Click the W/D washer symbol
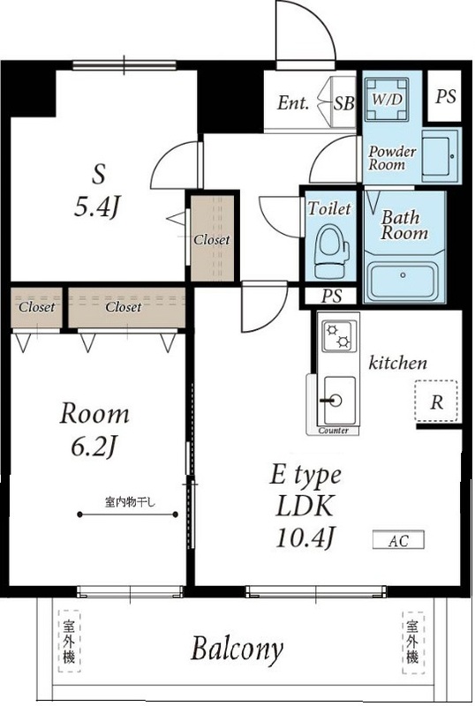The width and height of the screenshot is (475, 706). [387, 99]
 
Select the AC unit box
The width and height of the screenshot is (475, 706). [398, 540]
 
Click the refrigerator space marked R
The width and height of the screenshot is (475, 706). [436, 402]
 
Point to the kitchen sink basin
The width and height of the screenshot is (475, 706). [339, 400]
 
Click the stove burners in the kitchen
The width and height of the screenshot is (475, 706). [338, 336]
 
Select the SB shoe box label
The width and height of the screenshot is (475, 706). [343, 103]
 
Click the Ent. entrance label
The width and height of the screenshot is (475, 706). [293, 103]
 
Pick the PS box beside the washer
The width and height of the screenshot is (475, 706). [444, 96]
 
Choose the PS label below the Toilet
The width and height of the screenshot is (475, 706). [331, 296]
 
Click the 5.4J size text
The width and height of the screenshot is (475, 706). [97, 207]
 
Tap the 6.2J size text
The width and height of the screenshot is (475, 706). [94, 447]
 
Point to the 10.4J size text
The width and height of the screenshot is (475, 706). [305, 537]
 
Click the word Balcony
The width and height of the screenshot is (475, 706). [237, 650]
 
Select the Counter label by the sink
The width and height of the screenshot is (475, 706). [334, 431]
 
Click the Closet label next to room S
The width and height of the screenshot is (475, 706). [211, 239]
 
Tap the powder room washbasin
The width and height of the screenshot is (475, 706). [439, 156]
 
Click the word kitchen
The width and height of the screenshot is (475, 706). [397, 363]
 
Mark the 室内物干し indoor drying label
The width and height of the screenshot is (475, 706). [131, 501]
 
